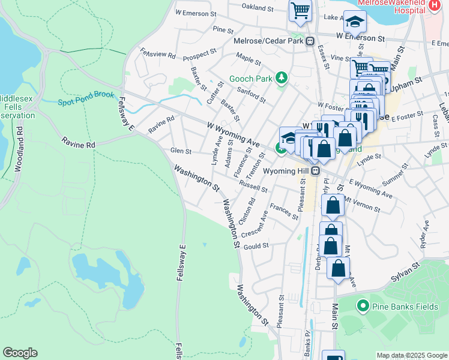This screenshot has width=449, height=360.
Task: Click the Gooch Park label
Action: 250,79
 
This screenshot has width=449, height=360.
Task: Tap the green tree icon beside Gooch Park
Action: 280,78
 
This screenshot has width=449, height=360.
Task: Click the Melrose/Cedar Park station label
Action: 268,41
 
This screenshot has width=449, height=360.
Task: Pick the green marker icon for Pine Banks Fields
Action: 362,307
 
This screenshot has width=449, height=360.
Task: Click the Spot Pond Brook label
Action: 86,98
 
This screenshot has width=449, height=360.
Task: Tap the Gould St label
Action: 256,246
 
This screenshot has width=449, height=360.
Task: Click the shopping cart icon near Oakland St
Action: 300,11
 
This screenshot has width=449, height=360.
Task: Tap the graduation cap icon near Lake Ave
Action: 355,22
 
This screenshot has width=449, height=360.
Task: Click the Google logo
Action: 20,353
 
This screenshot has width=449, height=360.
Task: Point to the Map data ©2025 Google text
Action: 411,355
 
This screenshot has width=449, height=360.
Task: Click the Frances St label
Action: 283,211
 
